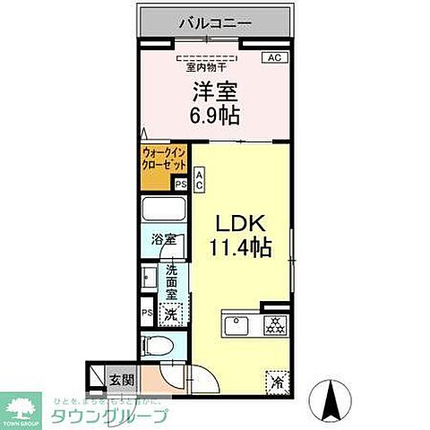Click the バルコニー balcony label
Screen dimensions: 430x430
click(x=214, y=21)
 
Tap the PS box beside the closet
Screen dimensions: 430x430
click(x=181, y=184)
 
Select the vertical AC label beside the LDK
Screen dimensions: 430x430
click(x=200, y=179)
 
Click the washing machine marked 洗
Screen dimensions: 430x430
click(x=170, y=314)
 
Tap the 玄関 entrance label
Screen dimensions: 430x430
click(x=123, y=379)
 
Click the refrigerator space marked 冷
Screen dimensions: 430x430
click(x=276, y=381)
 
